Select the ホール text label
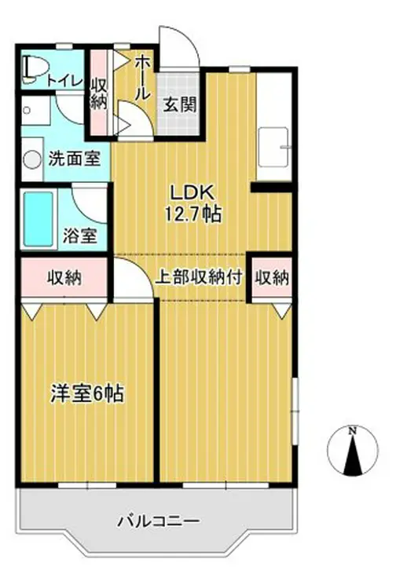pyautogui.click(x=142, y=77)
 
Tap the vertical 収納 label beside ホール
pyautogui.click(x=98, y=93)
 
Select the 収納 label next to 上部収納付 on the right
pyautogui.click(x=272, y=277)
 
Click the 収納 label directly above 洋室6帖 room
pyautogui.click(x=64, y=277)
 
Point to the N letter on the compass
pyautogui.click(x=353, y=430)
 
